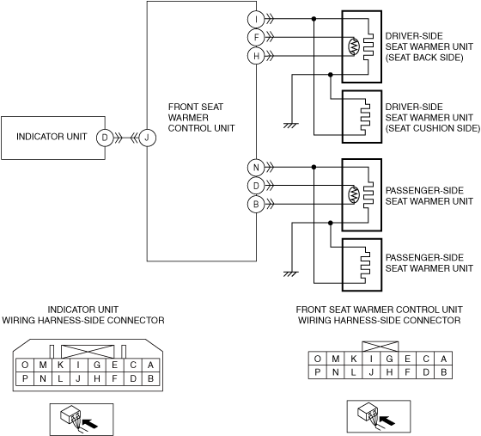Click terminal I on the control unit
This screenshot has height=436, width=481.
coord(256,19)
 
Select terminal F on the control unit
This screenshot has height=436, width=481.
coord(256,38)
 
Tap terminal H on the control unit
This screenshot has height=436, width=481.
coord(256,56)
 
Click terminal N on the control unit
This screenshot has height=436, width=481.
coord(256,168)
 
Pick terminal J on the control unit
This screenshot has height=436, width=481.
coord(147,138)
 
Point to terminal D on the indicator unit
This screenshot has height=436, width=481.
coord(105,138)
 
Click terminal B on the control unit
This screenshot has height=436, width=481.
coord(256,204)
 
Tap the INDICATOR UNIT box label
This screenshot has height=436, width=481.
coord(52,137)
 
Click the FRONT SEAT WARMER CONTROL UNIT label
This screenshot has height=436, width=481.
coord(201,117)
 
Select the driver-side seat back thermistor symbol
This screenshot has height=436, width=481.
coord(354,46)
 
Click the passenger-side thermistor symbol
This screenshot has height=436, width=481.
coord(354,194)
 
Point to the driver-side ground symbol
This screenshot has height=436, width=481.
coord(291,126)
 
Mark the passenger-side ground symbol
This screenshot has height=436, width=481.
coord(291,273)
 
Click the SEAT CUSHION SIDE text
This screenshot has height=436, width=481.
coord(433,128)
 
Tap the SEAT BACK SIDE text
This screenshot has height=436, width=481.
coord(424,58)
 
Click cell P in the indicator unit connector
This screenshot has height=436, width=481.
coord(25,378)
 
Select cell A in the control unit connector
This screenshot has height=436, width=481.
coord(443,359)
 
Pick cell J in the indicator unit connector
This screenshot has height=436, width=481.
coord(78,378)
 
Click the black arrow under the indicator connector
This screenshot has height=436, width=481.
coord(90,423)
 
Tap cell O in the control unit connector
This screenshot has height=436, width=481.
coord(318,359)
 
